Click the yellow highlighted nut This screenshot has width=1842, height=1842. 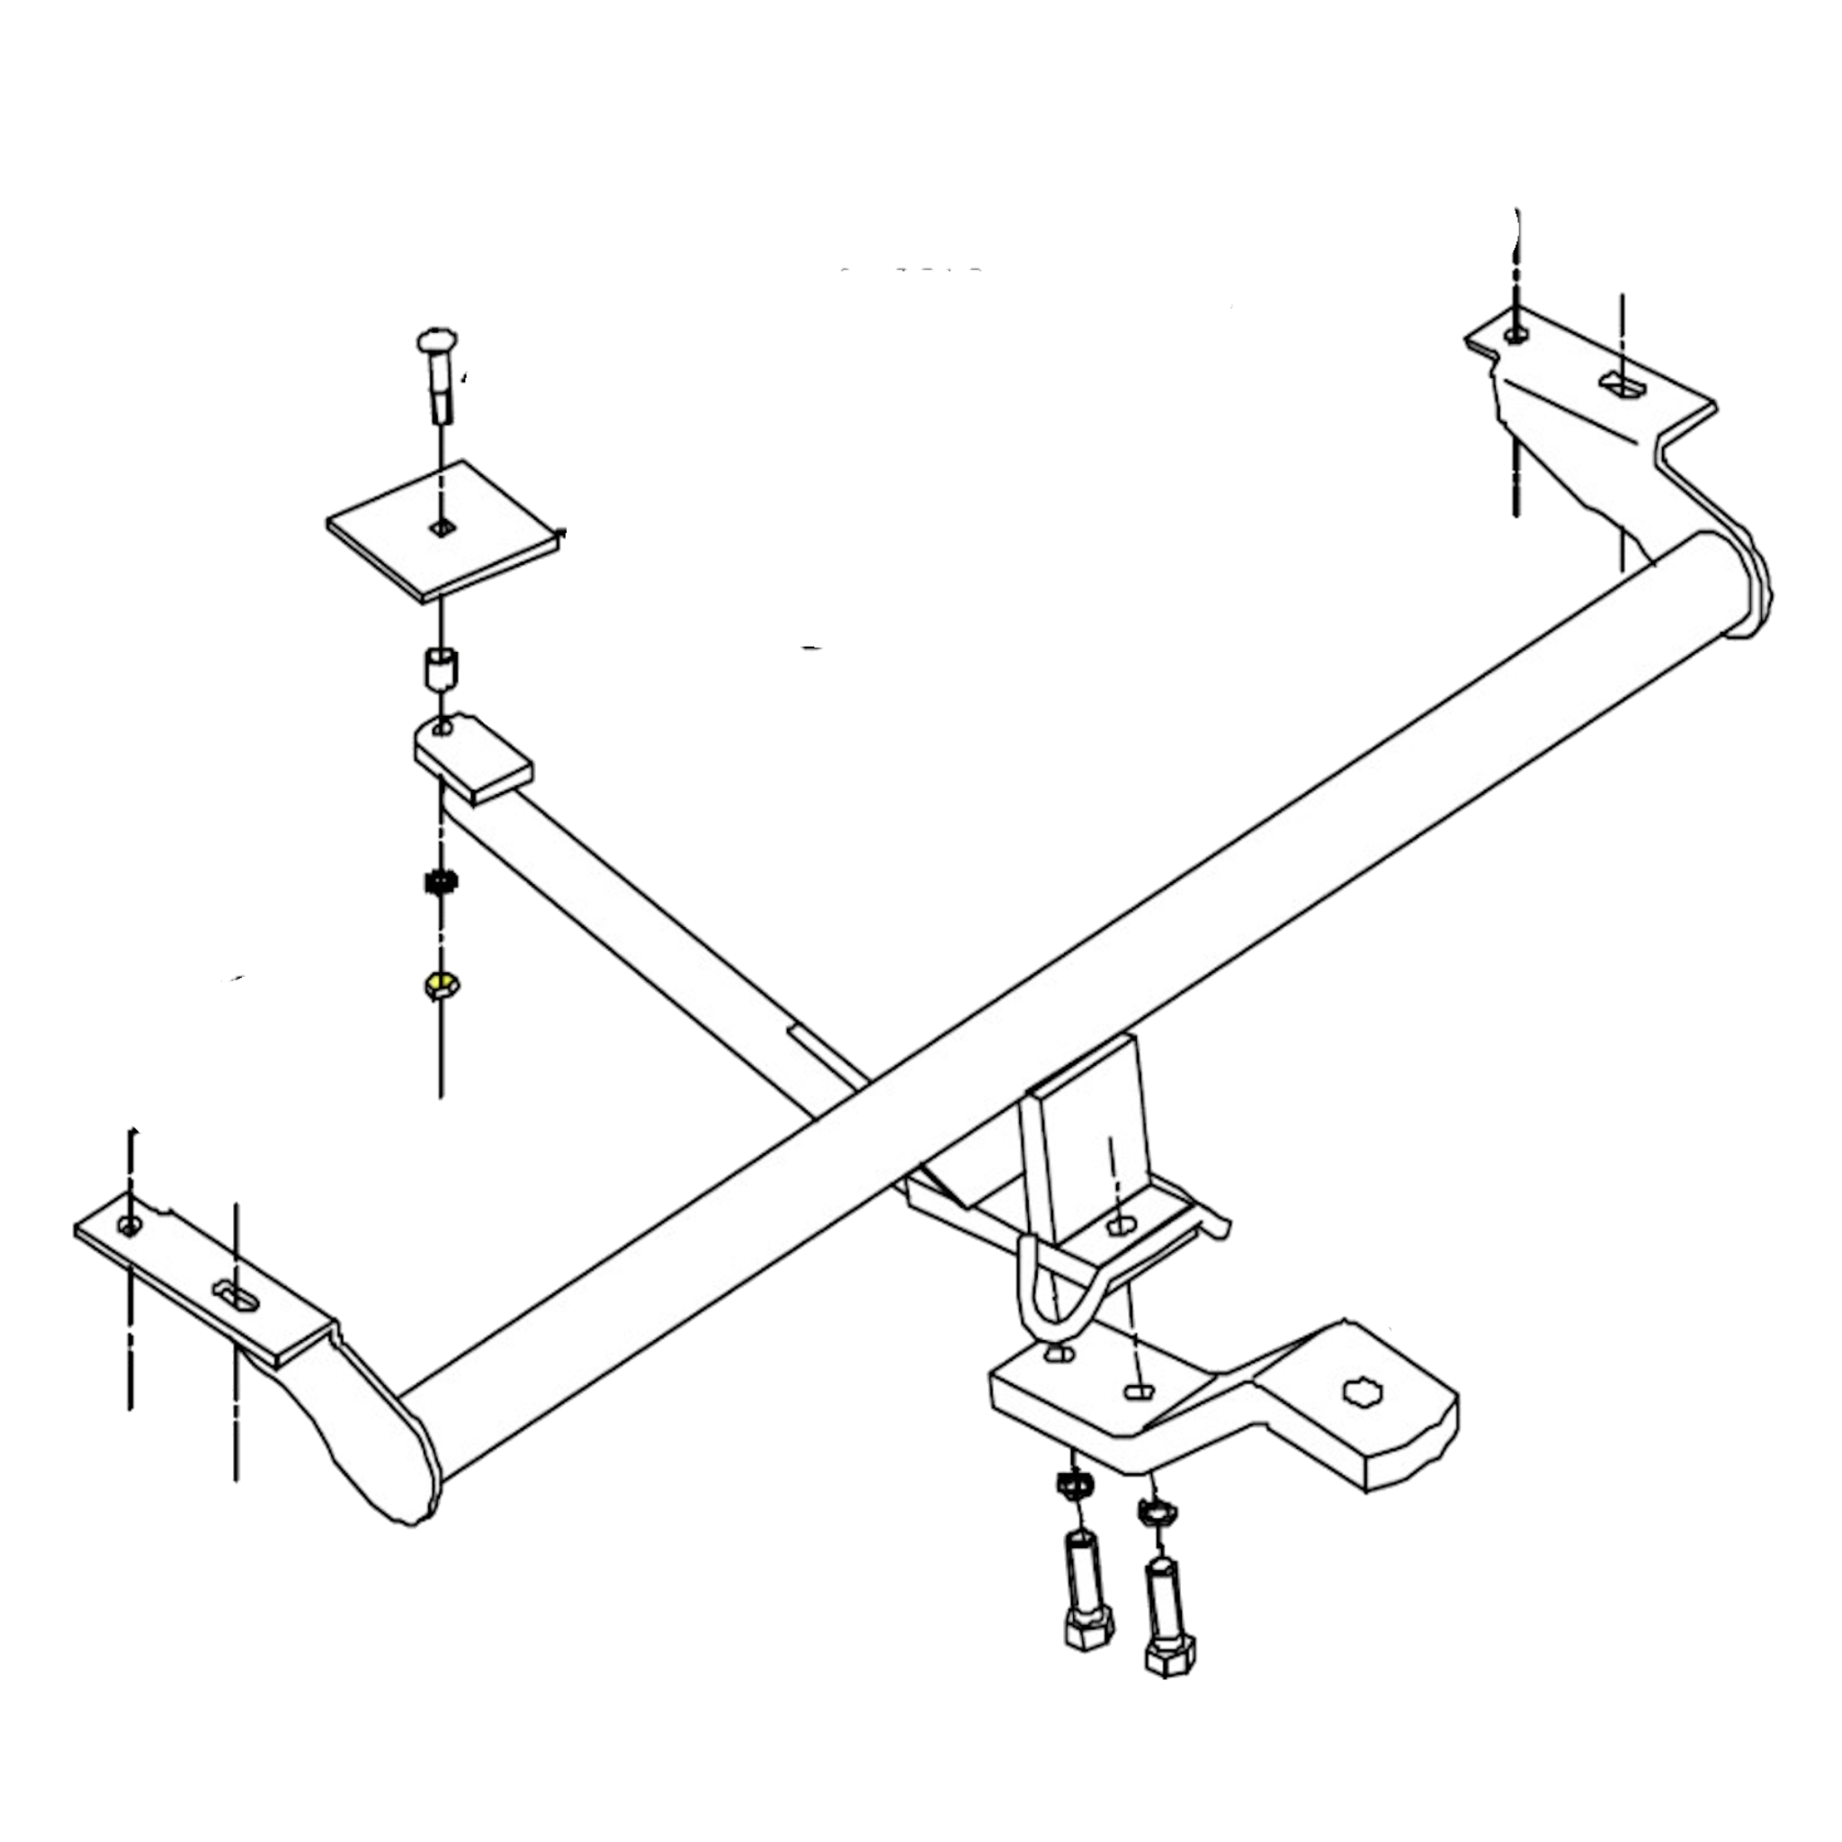pyautogui.click(x=440, y=983)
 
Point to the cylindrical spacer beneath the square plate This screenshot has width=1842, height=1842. pyautogui.click(x=440, y=667)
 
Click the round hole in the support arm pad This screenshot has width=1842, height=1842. pyautogui.click(x=443, y=730)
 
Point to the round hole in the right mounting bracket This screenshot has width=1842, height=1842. pyautogui.click(x=1515, y=334)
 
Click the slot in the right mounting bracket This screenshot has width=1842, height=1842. pyautogui.click(x=1621, y=383)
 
